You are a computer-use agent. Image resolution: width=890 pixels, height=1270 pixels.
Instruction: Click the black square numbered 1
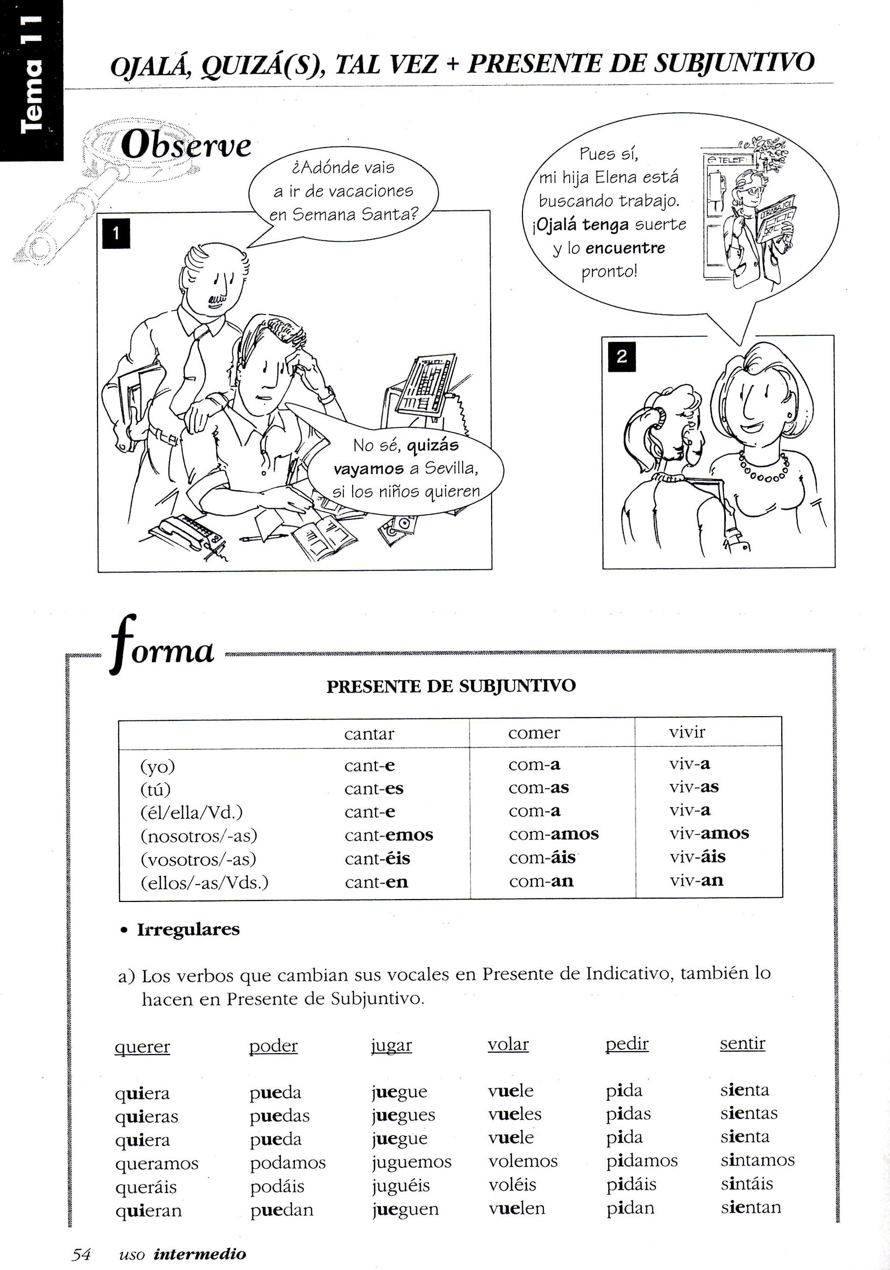tap(116, 233)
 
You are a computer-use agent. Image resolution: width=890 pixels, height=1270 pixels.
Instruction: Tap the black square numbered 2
tap(621, 356)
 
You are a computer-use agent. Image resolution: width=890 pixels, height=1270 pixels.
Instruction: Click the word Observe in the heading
tap(186, 146)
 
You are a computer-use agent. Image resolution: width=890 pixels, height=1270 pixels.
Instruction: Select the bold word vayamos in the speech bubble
tap(369, 469)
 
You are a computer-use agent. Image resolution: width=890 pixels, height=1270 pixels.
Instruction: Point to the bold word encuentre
tap(625, 248)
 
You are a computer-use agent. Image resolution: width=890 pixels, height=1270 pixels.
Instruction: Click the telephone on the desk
tap(190, 531)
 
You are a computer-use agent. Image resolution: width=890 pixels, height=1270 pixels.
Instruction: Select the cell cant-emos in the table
tap(389, 835)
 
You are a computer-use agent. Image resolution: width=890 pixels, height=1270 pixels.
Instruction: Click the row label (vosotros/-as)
tap(199, 859)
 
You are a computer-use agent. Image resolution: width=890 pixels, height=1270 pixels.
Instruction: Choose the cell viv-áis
tap(697, 858)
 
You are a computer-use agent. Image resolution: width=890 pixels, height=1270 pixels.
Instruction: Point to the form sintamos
tap(757, 1160)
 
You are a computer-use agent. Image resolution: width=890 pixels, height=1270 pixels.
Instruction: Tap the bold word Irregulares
tap(188, 930)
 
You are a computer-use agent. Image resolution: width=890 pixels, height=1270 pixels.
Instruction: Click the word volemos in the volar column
tap(523, 1161)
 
